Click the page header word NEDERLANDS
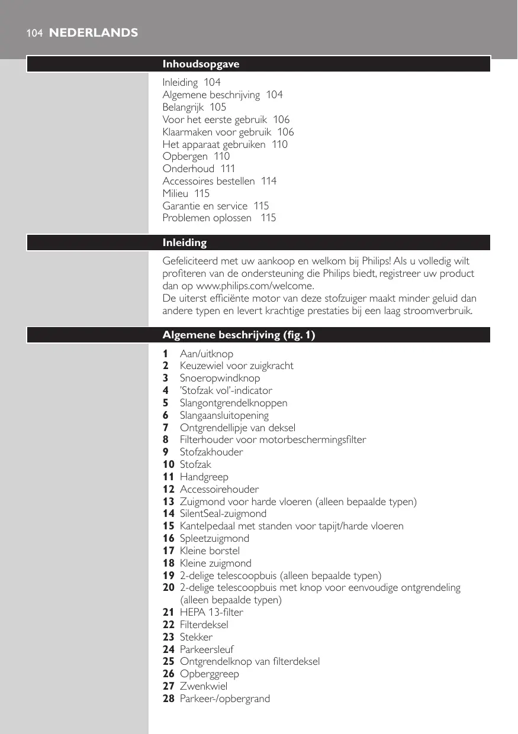(x=93, y=33)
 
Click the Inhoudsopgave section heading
(x=201, y=64)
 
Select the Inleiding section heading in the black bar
(x=185, y=242)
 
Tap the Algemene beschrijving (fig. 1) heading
(x=239, y=335)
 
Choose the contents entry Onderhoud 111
(x=199, y=169)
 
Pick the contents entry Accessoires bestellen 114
(x=220, y=181)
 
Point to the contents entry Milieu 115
(x=186, y=193)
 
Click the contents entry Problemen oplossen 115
(x=219, y=218)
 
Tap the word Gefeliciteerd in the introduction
(x=191, y=261)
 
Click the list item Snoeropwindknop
(x=220, y=378)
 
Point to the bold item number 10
(x=169, y=464)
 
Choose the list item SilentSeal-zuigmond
(x=223, y=513)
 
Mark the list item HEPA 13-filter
(x=211, y=612)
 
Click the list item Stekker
(x=196, y=637)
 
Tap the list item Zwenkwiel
(x=203, y=686)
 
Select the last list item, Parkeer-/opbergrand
(x=224, y=699)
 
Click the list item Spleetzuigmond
(x=214, y=538)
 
